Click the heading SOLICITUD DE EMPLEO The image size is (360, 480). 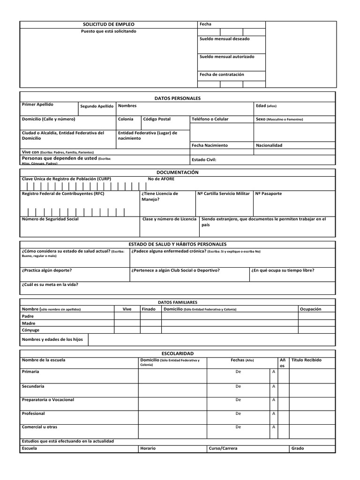(108, 24)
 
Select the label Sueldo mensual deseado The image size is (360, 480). (225, 39)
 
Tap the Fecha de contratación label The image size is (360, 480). (222, 74)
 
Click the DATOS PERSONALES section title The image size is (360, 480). (177, 98)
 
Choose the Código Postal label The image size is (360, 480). (157, 119)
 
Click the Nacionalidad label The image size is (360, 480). (269, 145)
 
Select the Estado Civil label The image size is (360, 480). (204, 159)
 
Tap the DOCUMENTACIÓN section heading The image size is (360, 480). (177, 172)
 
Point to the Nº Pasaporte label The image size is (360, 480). (269, 193)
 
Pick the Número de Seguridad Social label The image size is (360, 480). (50, 219)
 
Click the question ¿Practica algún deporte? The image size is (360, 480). (47, 270)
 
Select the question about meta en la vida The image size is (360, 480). (50, 284)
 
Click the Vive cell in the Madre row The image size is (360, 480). (127, 323)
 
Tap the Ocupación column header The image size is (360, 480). (310, 309)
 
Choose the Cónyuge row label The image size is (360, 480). (31, 330)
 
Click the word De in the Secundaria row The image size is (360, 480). (238, 386)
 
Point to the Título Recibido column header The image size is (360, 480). (307, 360)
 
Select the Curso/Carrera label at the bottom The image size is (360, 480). (223, 448)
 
